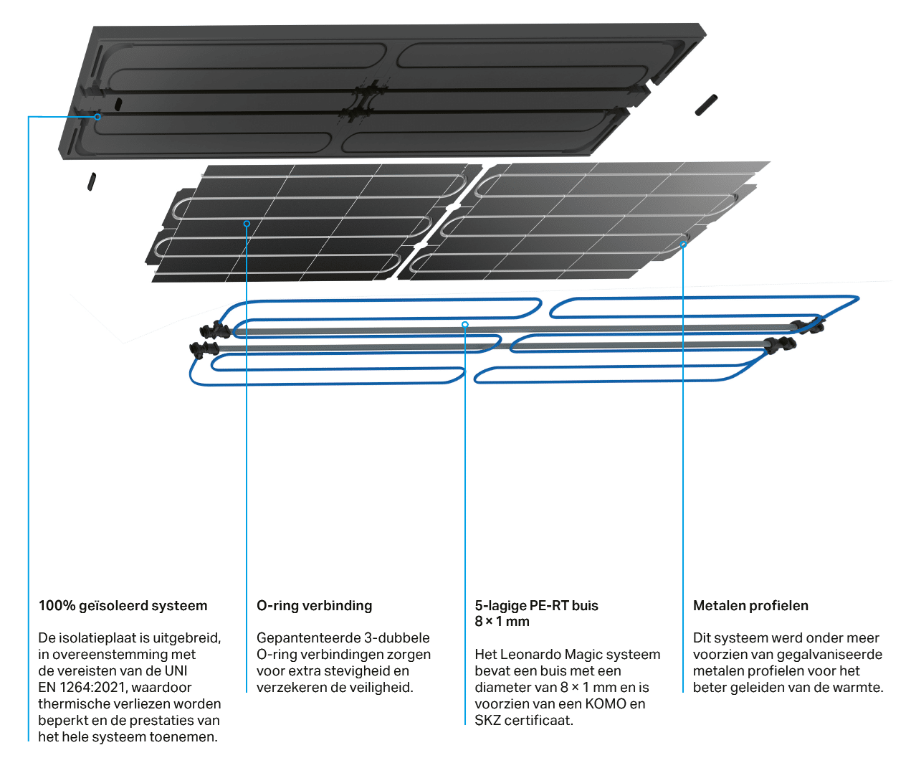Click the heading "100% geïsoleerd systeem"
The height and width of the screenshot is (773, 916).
point(123,606)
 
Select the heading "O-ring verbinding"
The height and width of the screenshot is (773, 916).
point(314,606)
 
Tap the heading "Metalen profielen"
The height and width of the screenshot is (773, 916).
point(750,606)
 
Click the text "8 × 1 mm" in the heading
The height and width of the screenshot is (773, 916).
point(502,622)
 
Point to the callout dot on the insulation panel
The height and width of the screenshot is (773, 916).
point(97,117)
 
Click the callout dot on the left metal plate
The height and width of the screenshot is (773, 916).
point(247,224)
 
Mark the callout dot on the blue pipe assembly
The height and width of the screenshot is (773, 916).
point(465,324)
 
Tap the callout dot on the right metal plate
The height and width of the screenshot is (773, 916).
point(683,244)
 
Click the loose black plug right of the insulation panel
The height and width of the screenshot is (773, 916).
point(706,105)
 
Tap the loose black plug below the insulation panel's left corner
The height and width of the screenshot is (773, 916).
point(91,181)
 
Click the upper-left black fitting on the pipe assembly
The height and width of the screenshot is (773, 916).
point(214,330)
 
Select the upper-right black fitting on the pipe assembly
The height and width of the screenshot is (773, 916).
point(807,325)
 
